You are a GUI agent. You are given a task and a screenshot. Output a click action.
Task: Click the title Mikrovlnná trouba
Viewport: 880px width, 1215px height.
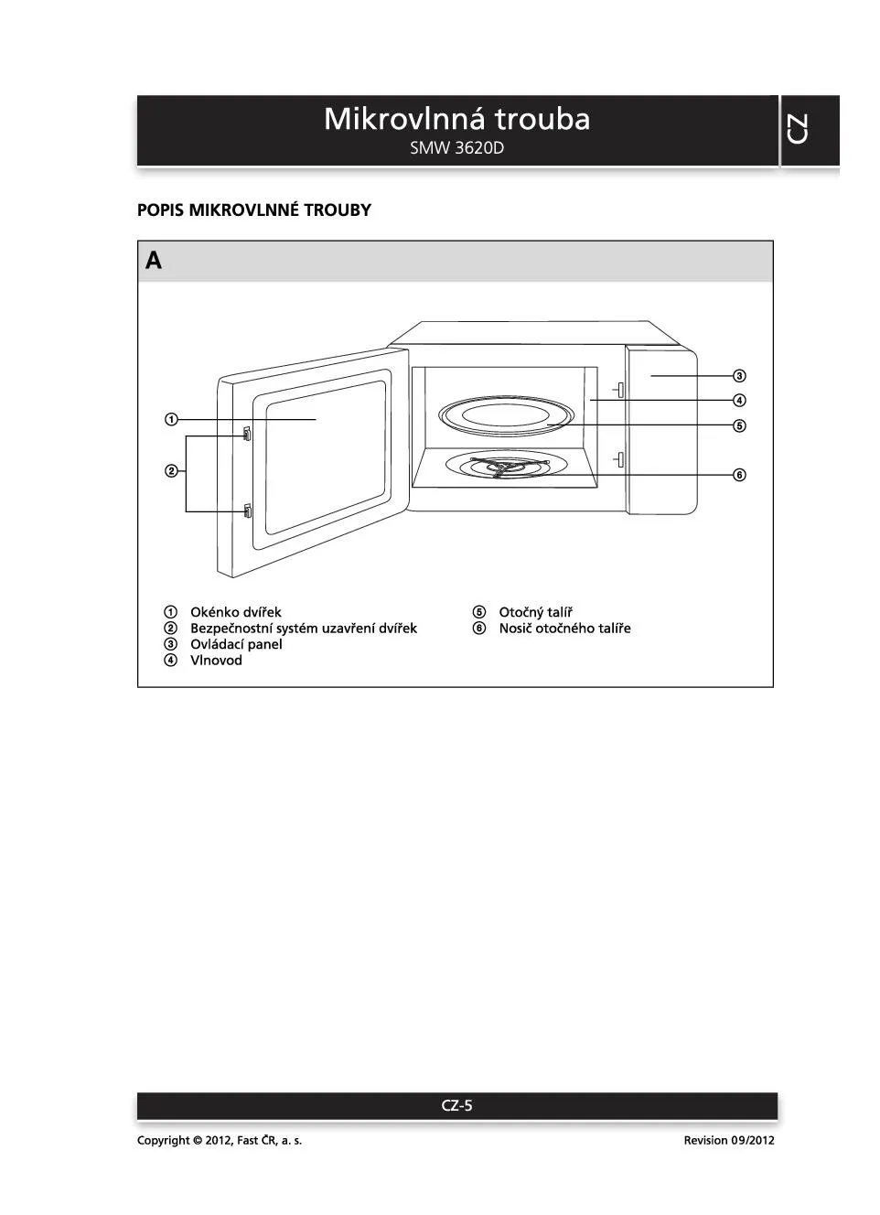click(456, 119)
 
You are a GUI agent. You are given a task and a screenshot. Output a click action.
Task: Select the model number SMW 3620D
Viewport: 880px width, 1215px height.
click(456, 148)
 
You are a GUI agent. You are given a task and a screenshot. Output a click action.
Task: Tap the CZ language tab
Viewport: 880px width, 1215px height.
click(798, 130)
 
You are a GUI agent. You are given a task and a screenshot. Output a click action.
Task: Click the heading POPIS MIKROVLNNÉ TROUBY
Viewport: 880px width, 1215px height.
click(254, 210)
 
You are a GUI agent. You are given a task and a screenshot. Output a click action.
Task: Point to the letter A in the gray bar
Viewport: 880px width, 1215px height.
click(154, 262)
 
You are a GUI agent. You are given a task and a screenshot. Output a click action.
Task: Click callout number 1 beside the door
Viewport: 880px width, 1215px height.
click(171, 420)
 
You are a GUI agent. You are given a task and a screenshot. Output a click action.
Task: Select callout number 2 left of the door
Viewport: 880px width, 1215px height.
click(171, 472)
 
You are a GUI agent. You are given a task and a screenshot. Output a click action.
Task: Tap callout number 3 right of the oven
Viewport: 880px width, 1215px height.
click(739, 376)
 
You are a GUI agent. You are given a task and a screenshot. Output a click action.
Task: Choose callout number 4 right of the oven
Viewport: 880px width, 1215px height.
click(739, 401)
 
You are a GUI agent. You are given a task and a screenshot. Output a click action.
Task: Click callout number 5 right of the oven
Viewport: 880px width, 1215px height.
click(739, 425)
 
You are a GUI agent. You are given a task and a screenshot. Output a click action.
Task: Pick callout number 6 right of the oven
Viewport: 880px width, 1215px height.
click(739, 475)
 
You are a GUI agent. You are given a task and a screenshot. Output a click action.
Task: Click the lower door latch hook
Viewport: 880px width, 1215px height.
click(247, 511)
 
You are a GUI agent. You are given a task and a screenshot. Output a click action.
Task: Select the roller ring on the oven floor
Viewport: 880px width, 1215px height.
click(499, 468)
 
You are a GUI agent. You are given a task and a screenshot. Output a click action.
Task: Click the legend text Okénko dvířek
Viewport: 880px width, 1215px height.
click(235, 612)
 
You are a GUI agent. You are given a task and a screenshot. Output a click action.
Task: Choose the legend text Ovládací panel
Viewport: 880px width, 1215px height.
click(236, 644)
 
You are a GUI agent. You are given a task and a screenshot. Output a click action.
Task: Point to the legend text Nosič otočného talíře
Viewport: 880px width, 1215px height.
click(564, 629)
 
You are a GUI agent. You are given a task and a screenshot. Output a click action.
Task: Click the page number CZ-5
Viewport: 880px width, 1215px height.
click(456, 1105)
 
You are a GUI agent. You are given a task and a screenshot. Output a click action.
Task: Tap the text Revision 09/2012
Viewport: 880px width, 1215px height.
click(728, 1140)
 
